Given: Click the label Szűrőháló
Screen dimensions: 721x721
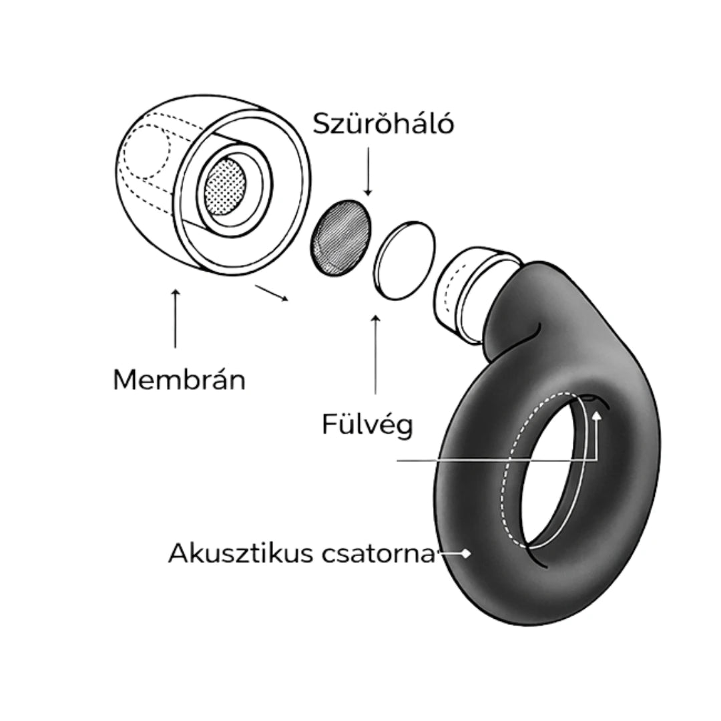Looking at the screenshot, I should coord(383,124).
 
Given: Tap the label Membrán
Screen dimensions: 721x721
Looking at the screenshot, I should coord(179,380).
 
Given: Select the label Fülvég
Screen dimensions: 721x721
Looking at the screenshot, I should coord(367,425).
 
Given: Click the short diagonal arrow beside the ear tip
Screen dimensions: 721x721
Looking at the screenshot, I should coord(272,293).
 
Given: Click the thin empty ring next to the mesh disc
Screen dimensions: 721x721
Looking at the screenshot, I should coord(404,260).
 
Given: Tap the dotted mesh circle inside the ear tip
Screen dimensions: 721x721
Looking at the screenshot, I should coord(225,186).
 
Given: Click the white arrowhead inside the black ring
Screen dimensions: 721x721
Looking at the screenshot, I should coord(597,415).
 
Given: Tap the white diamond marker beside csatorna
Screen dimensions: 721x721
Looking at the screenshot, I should coord(465,553).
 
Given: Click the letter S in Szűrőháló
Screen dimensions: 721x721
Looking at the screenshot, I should coord(322,124).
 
